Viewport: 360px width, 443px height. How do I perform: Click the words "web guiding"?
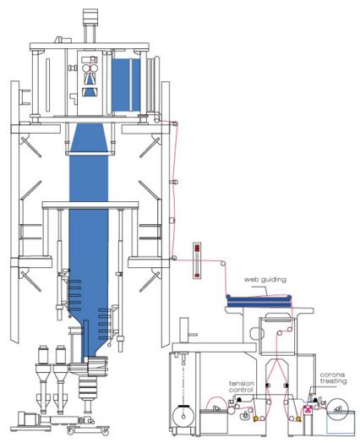coord(265,280)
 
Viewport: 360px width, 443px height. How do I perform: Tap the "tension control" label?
coord(242,386)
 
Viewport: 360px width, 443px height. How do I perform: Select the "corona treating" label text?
coord(333,378)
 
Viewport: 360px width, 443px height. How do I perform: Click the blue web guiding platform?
coord(259,301)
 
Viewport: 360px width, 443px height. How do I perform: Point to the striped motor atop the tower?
coord(90,17)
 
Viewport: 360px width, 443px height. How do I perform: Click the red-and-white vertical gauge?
coord(198,260)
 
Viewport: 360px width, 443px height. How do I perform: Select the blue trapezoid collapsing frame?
coord(90,138)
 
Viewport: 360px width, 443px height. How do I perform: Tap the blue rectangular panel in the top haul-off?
coord(126,85)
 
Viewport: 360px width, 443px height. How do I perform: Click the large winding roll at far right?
coord(337,410)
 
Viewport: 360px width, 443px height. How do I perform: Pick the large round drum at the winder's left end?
coord(183,416)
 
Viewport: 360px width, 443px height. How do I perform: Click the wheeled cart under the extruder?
coord(88,429)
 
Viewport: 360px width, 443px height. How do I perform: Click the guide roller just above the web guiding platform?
coord(223,264)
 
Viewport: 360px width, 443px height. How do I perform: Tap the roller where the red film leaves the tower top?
coord(175,123)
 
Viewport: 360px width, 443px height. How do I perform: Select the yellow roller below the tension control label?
coord(256,418)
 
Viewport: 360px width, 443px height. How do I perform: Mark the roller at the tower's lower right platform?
coord(174,258)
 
